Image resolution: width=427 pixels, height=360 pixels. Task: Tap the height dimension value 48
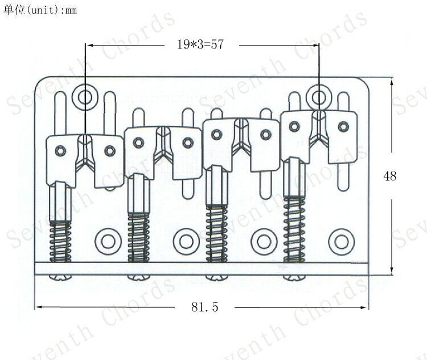pyautogui.click(x=390, y=176)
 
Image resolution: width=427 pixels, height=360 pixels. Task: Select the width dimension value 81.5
pyautogui.click(x=205, y=307)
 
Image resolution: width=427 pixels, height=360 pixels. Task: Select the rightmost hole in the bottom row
pyautogui.click(x=341, y=239)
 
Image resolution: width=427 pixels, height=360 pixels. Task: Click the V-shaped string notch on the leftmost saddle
pyautogui.click(x=85, y=159)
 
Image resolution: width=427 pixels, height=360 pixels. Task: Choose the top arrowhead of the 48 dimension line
pyautogui.click(x=392, y=81)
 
